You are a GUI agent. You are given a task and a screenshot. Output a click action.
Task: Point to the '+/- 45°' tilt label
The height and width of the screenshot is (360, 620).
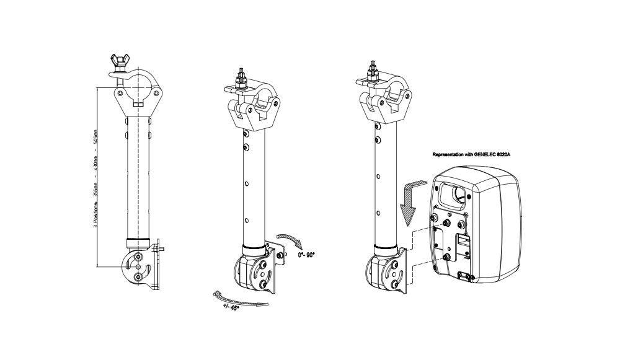(230, 305)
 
